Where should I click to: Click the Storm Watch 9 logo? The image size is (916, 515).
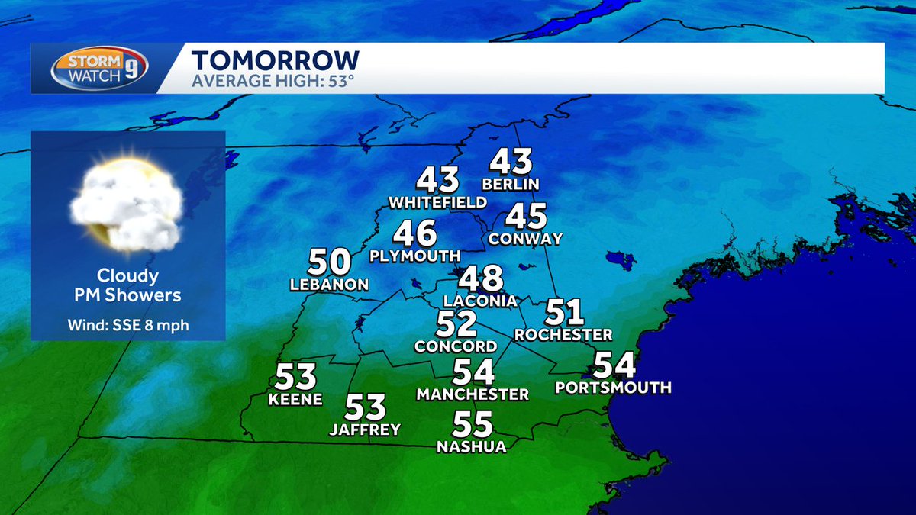(x=99, y=68)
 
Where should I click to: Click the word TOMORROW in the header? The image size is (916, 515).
(x=276, y=60)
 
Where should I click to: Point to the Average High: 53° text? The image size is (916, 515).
(x=273, y=80)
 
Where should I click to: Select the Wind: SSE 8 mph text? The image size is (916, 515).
(x=127, y=326)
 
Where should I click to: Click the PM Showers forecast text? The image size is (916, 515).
(x=127, y=295)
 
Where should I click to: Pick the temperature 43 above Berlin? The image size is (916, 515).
(x=511, y=163)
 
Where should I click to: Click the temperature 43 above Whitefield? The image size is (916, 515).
(x=437, y=180)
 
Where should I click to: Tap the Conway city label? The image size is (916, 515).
(x=525, y=239)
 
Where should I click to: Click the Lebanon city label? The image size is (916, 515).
(x=329, y=285)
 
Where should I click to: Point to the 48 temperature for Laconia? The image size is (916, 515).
(x=480, y=278)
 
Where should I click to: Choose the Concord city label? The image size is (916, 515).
(x=456, y=346)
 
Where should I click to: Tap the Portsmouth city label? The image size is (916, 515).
(x=613, y=388)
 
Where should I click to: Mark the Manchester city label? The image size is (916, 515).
(x=473, y=394)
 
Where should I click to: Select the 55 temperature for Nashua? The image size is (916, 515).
(x=473, y=423)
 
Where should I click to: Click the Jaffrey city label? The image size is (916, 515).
(x=365, y=430)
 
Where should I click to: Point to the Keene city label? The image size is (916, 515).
(x=295, y=399)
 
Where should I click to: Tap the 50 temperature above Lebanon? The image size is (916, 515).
(x=329, y=262)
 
